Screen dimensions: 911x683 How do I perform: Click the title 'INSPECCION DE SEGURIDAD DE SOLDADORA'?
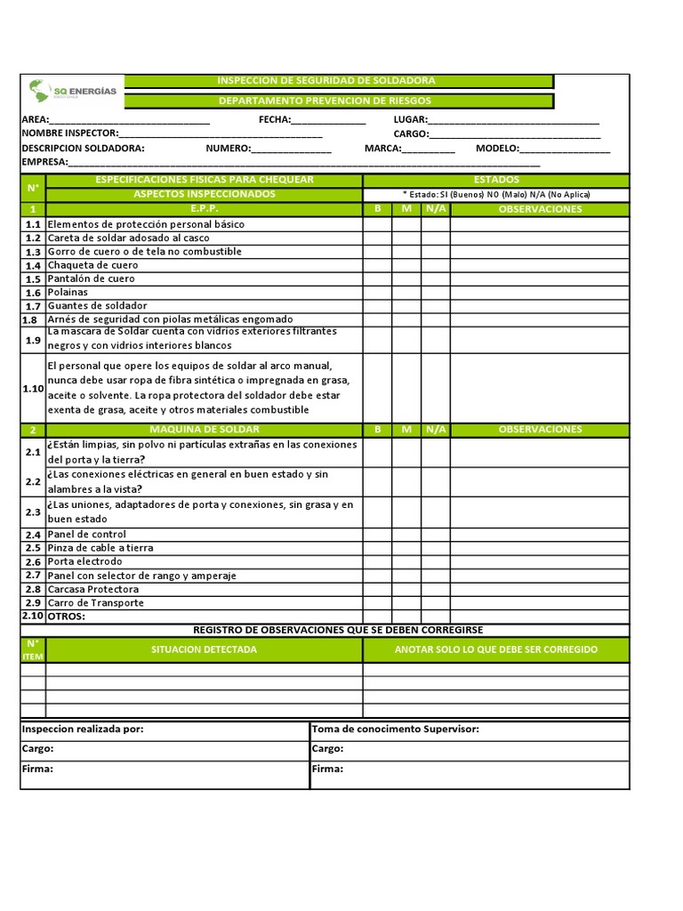tap(326, 81)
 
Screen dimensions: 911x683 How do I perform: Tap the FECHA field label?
tap(274, 120)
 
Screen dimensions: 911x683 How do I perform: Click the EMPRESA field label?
tap(44, 163)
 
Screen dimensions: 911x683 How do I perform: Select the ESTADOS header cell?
tap(496, 180)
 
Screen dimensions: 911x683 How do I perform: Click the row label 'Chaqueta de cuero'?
tap(92, 265)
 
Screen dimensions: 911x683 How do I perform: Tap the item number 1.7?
tap(33, 306)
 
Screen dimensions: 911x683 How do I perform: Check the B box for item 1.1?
tap(377, 224)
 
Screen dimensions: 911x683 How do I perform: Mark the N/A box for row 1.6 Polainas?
tap(436, 292)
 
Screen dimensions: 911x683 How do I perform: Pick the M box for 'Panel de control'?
tap(406, 535)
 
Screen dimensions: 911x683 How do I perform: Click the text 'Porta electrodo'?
tap(87, 562)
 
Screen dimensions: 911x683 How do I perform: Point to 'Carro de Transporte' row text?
tap(95, 603)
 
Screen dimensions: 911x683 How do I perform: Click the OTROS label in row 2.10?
tap(66, 617)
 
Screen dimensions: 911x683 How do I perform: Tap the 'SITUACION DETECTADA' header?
tap(204, 649)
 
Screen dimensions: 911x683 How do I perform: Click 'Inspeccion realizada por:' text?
tap(83, 729)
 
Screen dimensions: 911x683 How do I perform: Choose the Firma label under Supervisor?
tap(327, 769)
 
